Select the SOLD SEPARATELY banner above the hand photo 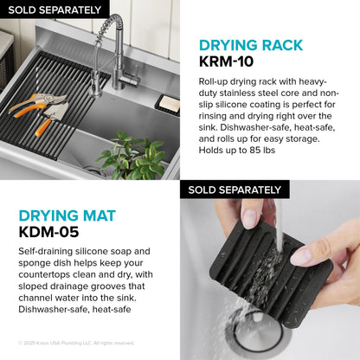235,190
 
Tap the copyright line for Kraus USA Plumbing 76,343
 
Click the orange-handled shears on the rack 39,110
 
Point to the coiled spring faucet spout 110,43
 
